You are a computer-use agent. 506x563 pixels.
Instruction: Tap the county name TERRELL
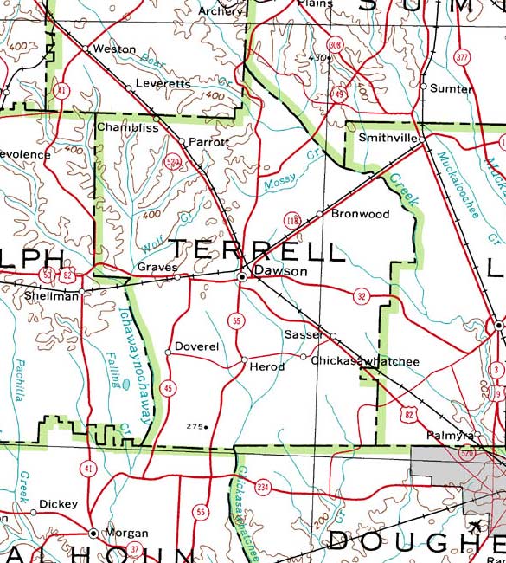(257, 251)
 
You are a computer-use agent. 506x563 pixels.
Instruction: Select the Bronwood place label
(361, 214)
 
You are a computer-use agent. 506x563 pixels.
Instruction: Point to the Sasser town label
(302, 333)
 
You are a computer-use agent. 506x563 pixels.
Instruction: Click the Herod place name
(266, 367)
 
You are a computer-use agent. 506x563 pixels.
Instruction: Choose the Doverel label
(196, 346)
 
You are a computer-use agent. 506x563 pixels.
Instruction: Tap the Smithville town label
(388, 138)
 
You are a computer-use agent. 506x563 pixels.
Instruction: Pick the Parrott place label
(208, 141)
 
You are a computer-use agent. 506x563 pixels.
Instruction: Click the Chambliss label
(127, 127)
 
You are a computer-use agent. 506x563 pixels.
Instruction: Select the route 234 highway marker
(263, 487)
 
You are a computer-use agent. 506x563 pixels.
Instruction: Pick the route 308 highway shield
(335, 44)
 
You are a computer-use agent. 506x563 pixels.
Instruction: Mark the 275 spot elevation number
(195, 426)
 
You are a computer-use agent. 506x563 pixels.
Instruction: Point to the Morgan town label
(125, 534)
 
